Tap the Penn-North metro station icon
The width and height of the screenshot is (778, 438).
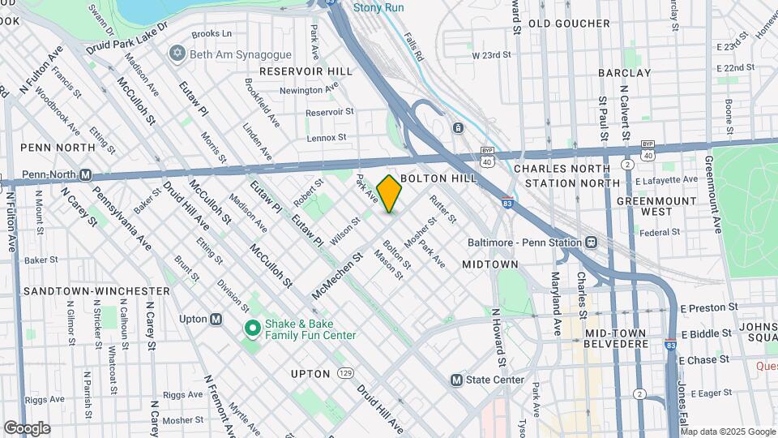pos(86,174)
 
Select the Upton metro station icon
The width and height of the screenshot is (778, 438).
pos(216,319)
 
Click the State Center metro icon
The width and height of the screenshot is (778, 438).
pos(456,380)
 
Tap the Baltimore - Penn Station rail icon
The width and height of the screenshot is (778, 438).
pos(592,243)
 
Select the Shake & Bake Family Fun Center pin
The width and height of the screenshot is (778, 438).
pos(252,328)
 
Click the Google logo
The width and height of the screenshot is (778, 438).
pos(27,428)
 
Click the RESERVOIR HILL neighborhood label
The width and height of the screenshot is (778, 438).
pos(306,71)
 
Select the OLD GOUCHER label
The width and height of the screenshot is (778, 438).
pos(569,24)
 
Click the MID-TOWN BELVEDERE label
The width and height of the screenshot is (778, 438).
pos(616,339)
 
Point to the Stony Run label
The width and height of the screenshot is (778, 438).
pos(378,8)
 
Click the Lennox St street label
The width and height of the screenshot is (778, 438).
pos(327,138)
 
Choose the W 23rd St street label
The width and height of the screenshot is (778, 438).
pos(492,55)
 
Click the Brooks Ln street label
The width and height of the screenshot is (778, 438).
pos(212,35)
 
